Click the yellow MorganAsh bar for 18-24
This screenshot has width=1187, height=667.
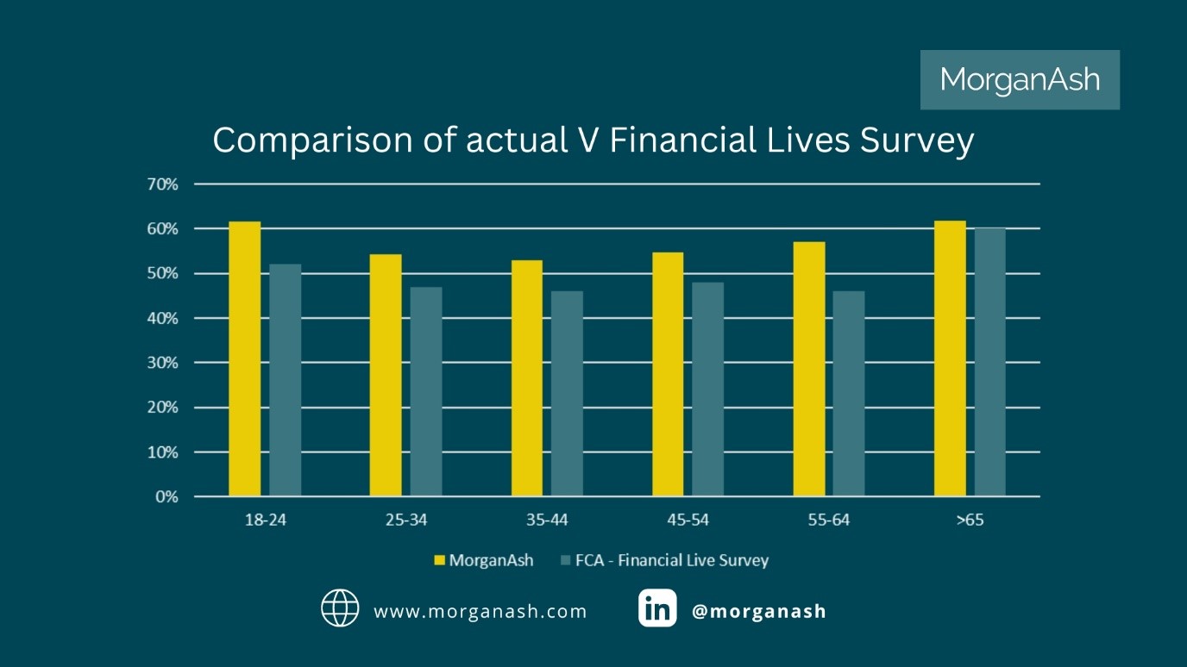click(x=244, y=358)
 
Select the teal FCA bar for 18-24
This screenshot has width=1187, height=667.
click(x=285, y=380)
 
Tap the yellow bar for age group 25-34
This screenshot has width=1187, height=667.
click(x=386, y=375)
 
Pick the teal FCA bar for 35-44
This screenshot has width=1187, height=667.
click(x=567, y=394)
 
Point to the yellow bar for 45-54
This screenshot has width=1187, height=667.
click(x=668, y=374)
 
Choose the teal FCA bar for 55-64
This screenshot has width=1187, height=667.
click(x=849, y=394)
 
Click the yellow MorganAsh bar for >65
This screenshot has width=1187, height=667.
click(x=950, y=358)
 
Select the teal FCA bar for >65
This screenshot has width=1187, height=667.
click(x=990, y=362)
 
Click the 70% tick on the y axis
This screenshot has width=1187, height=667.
click(x=163, y=184)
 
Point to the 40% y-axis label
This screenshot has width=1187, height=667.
click(x=163, y=319)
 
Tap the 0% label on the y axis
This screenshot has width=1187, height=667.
click(x=166, y=497)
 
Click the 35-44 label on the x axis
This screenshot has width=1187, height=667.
click(x=546, y=521)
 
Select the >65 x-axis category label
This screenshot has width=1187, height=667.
click(x=970, y=521)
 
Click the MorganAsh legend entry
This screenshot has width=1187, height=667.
click(x=483, y=560)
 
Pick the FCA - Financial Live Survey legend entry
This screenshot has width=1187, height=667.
click(x=664, y=560)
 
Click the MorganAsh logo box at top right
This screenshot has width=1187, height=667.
click(x=1020, y=80)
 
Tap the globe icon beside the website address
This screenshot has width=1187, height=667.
click(x=340, y=608)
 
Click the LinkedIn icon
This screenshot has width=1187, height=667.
click(x=657, y=608)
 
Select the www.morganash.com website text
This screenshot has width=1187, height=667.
click(x=480, y=612)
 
